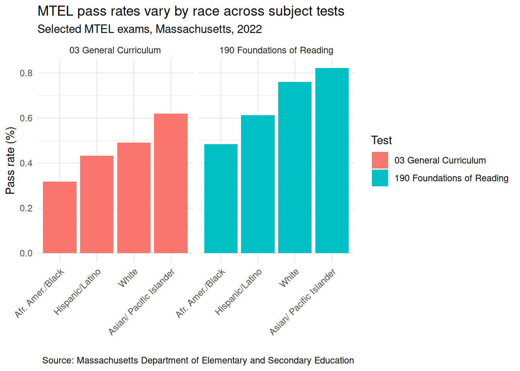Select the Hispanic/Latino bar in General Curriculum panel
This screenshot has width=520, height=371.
tap(97, 204)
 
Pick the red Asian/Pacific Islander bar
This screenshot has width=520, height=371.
tap(171, 183)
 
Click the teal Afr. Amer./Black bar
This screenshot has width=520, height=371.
tap(221, 199)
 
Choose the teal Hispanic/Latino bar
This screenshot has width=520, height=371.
tap(258, 184)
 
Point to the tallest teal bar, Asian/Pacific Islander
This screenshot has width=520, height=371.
tap(332, 160)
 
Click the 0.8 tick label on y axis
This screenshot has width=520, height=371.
tap(26, 73)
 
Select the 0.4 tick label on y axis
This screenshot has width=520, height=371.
tap(26, 163)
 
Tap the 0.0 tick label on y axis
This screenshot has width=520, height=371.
tap(26, 253)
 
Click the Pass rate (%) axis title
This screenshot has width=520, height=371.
tap(10, 160)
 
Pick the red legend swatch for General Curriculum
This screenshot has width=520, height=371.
tap(380, 160)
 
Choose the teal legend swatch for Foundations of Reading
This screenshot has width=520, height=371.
tap(380, 178)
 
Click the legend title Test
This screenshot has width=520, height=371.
tap(381, 140)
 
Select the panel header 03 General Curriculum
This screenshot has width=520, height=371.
tap(115, 50)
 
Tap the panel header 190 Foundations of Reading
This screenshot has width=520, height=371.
tap(276, 50)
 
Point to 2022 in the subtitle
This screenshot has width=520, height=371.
tap(250, 29)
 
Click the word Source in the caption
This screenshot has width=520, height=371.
tap(58, 360)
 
